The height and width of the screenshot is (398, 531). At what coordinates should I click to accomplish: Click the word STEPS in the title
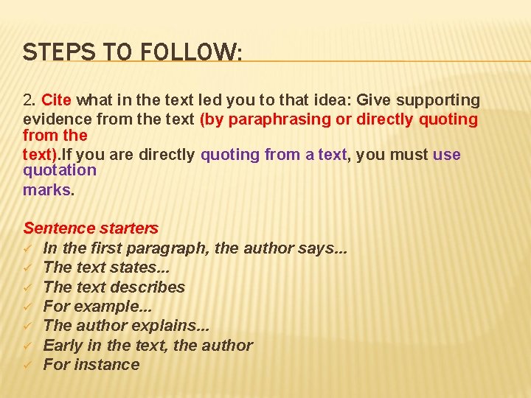pyautogui.click(x=48, y=52)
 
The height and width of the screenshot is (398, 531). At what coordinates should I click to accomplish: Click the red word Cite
pyautogui.click(x=57, y=99)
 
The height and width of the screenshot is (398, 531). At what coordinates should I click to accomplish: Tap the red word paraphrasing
pyautogui.click(x=275, y=119)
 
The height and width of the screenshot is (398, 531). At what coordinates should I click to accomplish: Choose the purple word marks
pyautogui.click(x=47, y=189)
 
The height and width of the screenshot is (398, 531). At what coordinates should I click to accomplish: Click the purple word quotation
pyautogui.click(x=60, y=170)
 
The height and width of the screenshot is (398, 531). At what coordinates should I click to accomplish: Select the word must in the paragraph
pyautogui.click(x=405, y=155)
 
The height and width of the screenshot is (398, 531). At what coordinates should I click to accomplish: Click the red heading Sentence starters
pyautogui.click(x=91, y=228)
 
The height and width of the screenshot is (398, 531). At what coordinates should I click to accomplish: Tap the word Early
pyautogui.click(x=63, y=345)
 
